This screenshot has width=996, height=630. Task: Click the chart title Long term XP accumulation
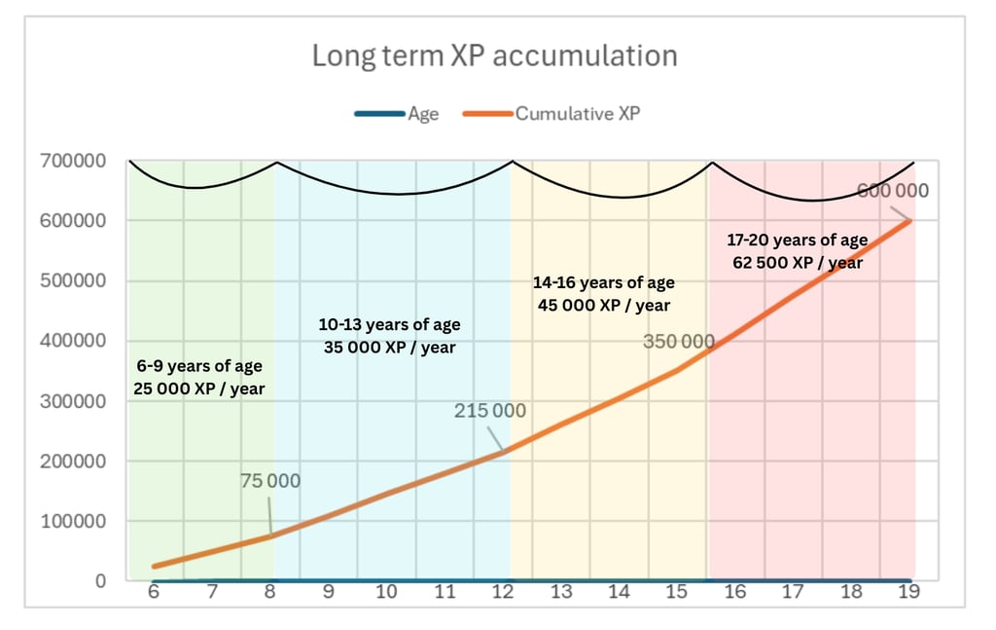[x=494, y=56]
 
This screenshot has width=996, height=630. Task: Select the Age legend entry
[x=423, y=114]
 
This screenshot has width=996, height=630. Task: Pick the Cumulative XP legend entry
[x=578, y=114]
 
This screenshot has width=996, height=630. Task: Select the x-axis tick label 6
[x=154, y=592]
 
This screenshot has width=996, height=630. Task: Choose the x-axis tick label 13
[x=561, y=592]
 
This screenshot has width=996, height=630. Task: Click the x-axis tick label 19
[x=910, y=592]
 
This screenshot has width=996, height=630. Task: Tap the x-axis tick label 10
[x=387, y=592]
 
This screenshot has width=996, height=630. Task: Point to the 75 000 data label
[x=270, y=481]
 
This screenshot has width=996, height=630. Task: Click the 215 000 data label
[x=490, y=411]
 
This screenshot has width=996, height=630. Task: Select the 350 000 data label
[x=679, y=342]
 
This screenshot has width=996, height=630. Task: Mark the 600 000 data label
[x=892, y=191]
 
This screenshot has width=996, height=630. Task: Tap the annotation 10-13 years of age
[x=390, y=325]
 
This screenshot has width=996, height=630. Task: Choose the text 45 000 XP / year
[x=603, y=305]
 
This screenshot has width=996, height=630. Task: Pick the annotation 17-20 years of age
[x=797, y=241]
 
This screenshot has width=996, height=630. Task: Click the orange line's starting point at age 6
[x=154, y=566]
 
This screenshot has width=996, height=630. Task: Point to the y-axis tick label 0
[x=99, y=581]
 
